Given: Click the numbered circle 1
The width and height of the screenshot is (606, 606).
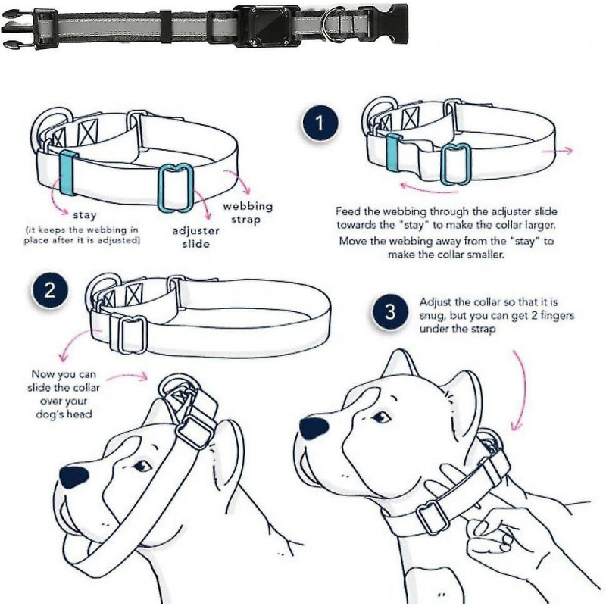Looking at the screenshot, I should [x=320, y=123].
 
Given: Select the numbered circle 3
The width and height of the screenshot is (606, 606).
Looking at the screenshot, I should [x=390, y=312].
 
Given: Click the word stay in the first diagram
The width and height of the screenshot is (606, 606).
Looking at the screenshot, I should [x=84, y=215].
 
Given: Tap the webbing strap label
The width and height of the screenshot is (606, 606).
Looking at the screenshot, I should [x=247, y=213].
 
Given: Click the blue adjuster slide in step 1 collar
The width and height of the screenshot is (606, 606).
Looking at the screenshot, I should [x=456, y=164].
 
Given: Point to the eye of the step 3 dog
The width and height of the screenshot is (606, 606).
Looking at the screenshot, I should [x=382, y=417].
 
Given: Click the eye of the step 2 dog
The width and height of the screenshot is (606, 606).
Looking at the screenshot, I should [x=141, y=467].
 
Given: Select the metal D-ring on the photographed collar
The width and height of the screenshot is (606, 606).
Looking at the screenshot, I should [x=331, y=28].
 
